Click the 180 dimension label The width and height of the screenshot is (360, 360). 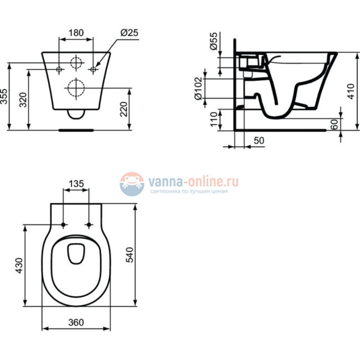click(76, 33)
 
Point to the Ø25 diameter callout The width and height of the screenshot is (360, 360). click(127, 33)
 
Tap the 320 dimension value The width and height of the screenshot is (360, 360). click(23, 100)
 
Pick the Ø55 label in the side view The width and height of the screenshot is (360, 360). click(214, 43)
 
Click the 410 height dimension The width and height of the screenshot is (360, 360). click(350, 92)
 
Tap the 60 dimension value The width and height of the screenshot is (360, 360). click(335, 125)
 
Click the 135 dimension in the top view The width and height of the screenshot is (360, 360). click(76, 183)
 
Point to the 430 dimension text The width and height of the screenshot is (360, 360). click(18, 266)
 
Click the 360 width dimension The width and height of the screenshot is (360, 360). click(76, 322)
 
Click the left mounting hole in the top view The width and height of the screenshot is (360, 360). click(64, 224)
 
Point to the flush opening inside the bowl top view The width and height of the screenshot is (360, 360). click(76, 254)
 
